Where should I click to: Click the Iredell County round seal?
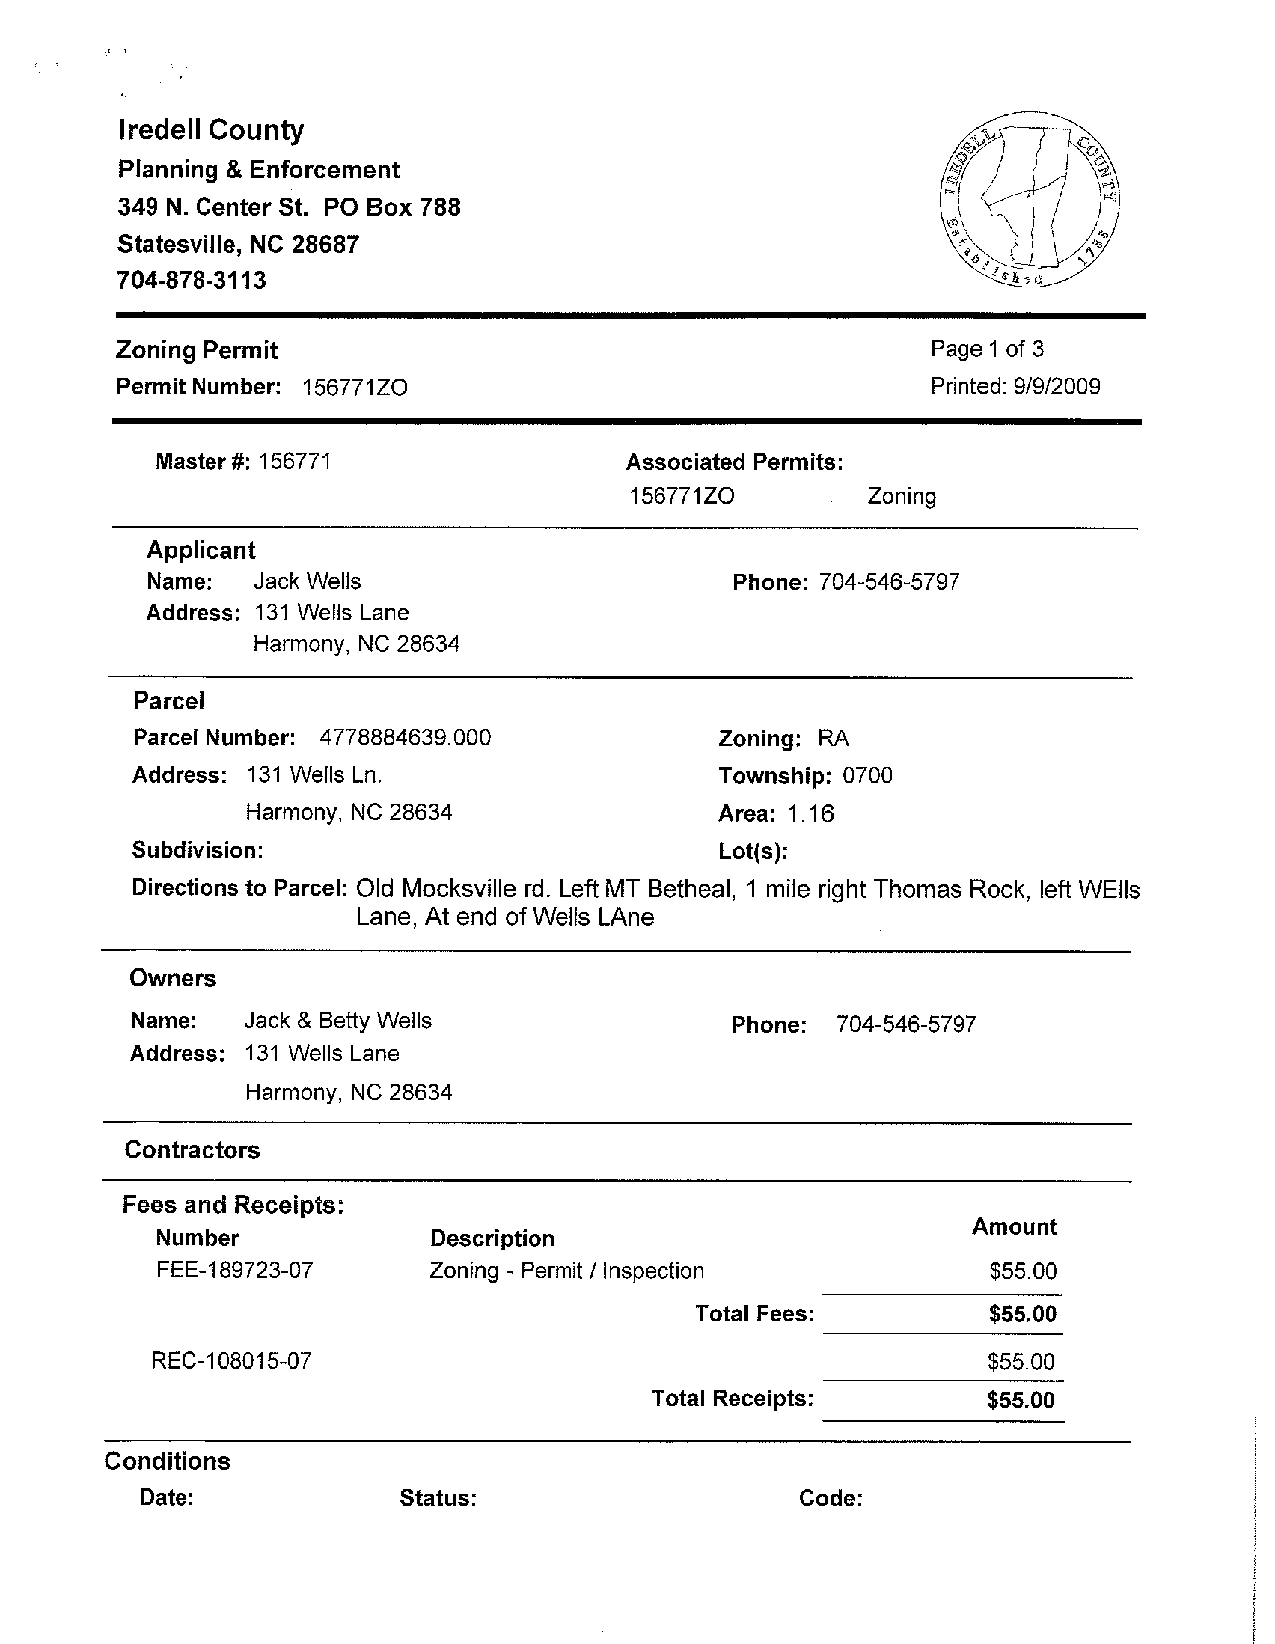click(1030, 200)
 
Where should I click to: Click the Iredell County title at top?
click(211, 130)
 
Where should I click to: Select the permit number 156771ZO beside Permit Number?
click(355, 388)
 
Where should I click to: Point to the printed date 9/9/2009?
click(1056, 387)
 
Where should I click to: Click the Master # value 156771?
click(295, 462)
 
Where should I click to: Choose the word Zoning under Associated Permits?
click(902, 497)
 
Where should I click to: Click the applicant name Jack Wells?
click(307, 581)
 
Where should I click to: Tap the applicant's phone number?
click(889, 582)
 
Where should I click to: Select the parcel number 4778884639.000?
click(405, 738)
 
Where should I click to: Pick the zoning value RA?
click(834, 739)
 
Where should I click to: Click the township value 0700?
click(867, 776)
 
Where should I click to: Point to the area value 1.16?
click(810, 814)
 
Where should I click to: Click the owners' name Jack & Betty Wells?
click(338, 1021)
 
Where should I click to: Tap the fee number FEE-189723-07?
click(234, 1271)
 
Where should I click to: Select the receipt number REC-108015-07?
click(231, 1361)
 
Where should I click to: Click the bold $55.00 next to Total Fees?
click(1022, 1314)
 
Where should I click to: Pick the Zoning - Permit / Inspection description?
click(566, 1271)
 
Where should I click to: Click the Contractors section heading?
click(192, 1150)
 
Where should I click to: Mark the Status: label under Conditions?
click(438, 1498)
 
